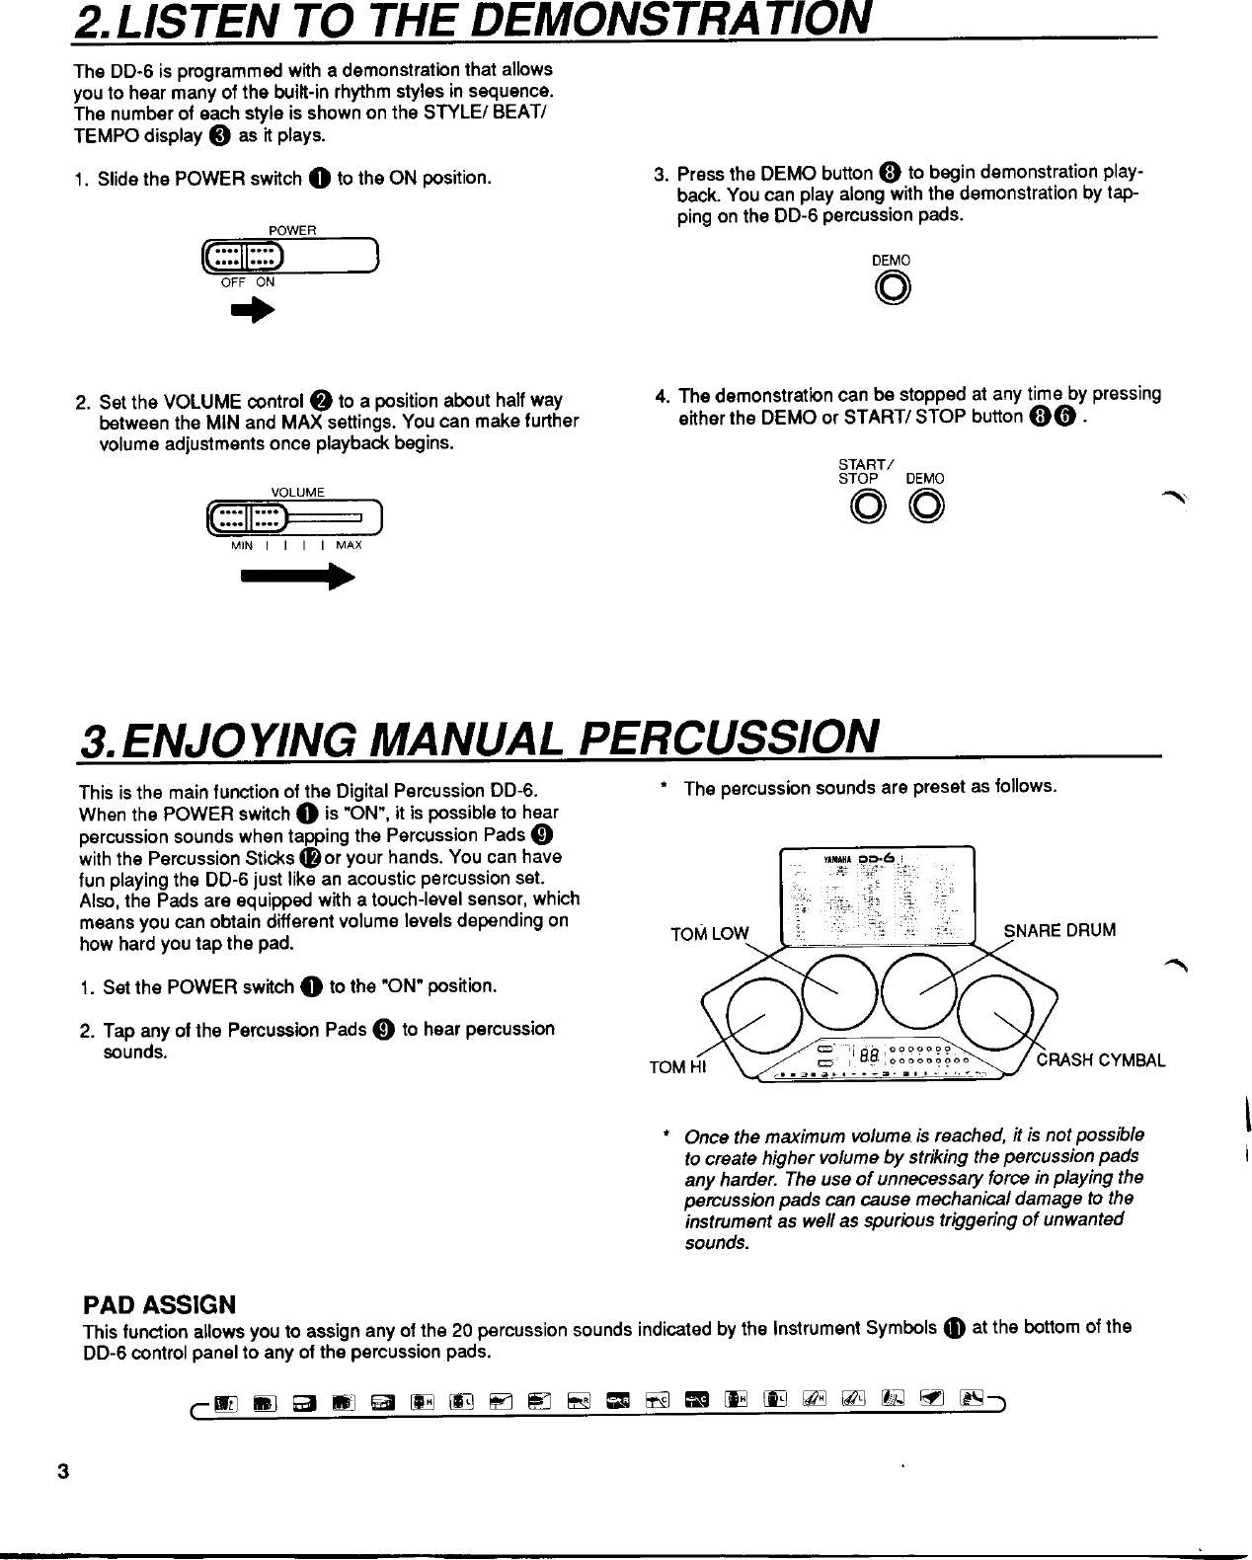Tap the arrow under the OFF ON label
[x=252, y=311]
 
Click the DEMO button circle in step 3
[x=892, y=288]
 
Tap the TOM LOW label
[x=710, y=934]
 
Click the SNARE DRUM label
[x=1059, y=930]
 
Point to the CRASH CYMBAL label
[x=1100, y=1061]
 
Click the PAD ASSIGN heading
[x=159, y=1304]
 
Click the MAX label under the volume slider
[x=349, y=545]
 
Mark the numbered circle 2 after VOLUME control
[x=320, y=401]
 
